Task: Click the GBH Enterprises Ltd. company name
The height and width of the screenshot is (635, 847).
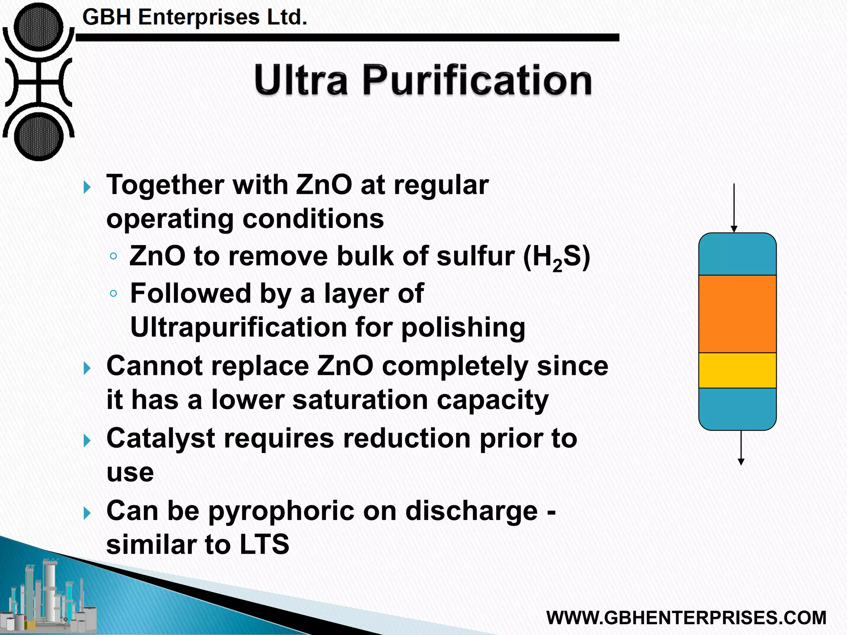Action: (x=194, y=17)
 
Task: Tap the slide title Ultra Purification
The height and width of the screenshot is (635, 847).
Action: (x=423, y=80)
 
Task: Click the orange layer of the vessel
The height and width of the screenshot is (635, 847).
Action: (x=737, y=314)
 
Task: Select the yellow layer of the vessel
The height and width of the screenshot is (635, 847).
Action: (x=737, y=370)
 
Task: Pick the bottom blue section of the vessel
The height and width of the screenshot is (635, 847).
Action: (x=737, y=408)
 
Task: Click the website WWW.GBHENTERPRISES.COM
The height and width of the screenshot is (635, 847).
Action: (x=686, y=618)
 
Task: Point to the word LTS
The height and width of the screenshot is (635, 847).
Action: (x=264, y=544)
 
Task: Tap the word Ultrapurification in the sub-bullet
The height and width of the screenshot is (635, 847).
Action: (x=239, y=328)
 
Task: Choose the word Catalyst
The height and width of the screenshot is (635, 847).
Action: (x=160, y=438)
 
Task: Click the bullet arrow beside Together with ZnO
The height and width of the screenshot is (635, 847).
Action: (x=87, y=187)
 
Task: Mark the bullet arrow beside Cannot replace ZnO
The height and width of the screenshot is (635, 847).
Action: (x=87, y=368)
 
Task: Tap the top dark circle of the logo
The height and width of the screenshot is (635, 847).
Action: (x=38, y=28)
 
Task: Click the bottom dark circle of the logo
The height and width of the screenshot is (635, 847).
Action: (x=38, y=136)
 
